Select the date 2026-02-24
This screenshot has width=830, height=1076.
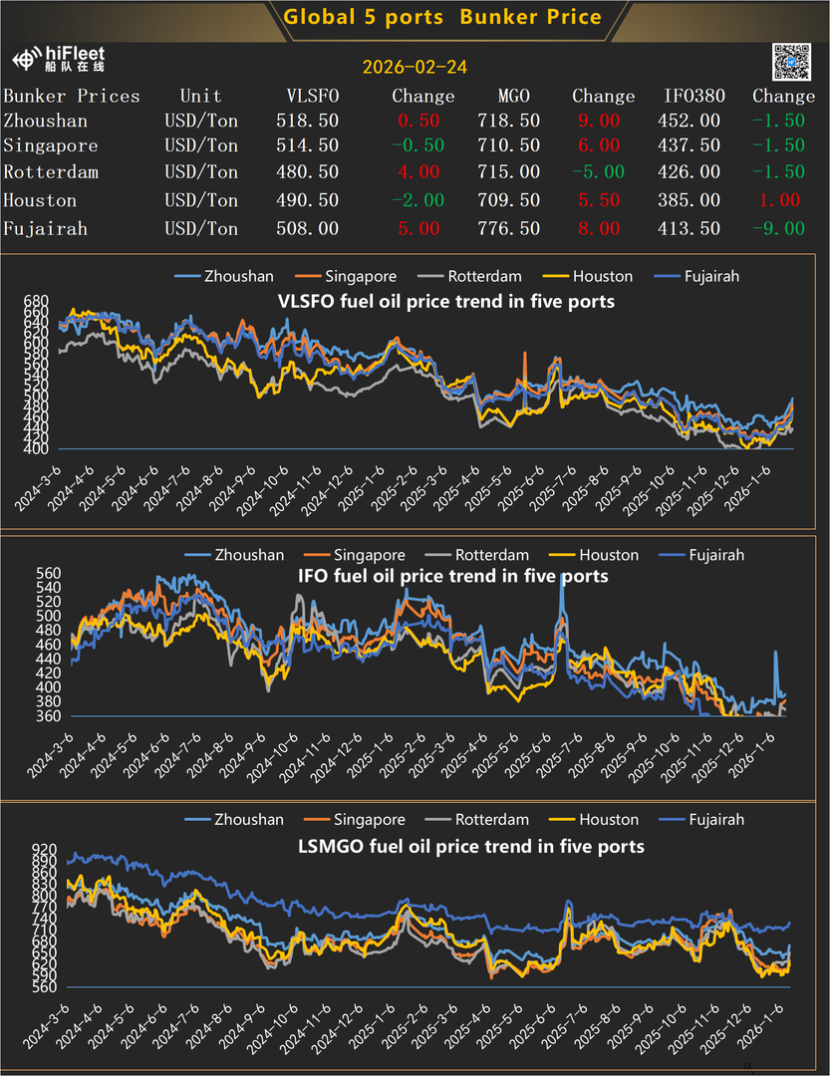point(415,68)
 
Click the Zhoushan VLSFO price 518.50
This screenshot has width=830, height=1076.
point(307,121)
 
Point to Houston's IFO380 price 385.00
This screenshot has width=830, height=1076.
point(692,200)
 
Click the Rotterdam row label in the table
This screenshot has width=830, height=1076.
point(51,172)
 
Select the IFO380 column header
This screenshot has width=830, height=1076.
point(694,97)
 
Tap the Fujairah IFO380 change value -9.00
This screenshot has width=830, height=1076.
point(778,228)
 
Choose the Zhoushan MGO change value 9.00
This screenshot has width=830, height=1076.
point(598,121)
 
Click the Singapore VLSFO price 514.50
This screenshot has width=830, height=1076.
point(307,145)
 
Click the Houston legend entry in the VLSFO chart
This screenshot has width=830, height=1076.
point(602,276)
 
